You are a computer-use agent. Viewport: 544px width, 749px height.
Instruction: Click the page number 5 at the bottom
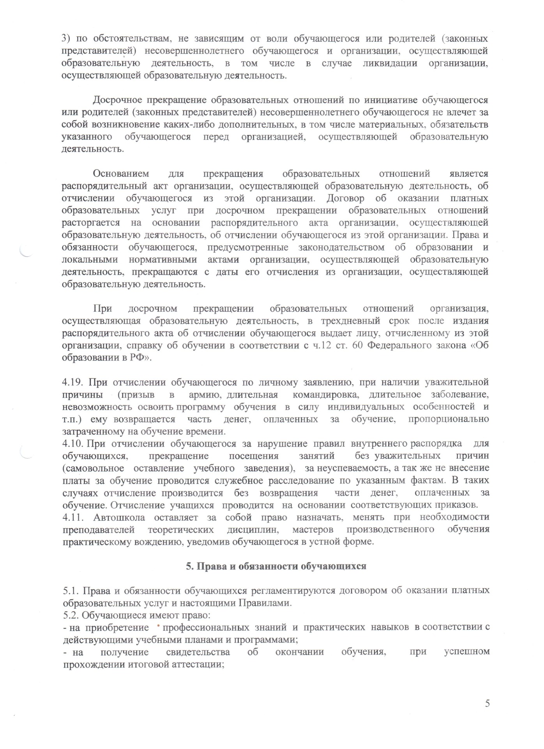click(x=487, y=703)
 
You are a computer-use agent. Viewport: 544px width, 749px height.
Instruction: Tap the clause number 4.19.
click(x=74, y=382)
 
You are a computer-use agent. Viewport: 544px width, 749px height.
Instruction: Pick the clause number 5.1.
click(x=70, y=590)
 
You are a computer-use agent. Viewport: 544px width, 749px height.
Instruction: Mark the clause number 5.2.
click(x=70, y=615)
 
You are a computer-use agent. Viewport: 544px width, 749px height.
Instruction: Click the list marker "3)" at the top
click(x=67, y=39)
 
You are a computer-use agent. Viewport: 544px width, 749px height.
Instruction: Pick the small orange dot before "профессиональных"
click(x=159, y=627)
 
